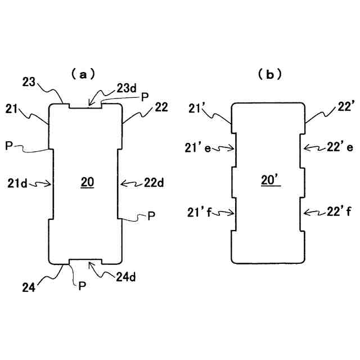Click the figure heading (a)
click(x=83, y=74)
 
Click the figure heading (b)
click(x=269, y=74)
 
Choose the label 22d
click(x=154, y=182)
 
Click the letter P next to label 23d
click(x=145, y=96)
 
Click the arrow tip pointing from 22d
click(x=121, y=183)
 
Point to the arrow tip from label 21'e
click(x=233, y=148)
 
